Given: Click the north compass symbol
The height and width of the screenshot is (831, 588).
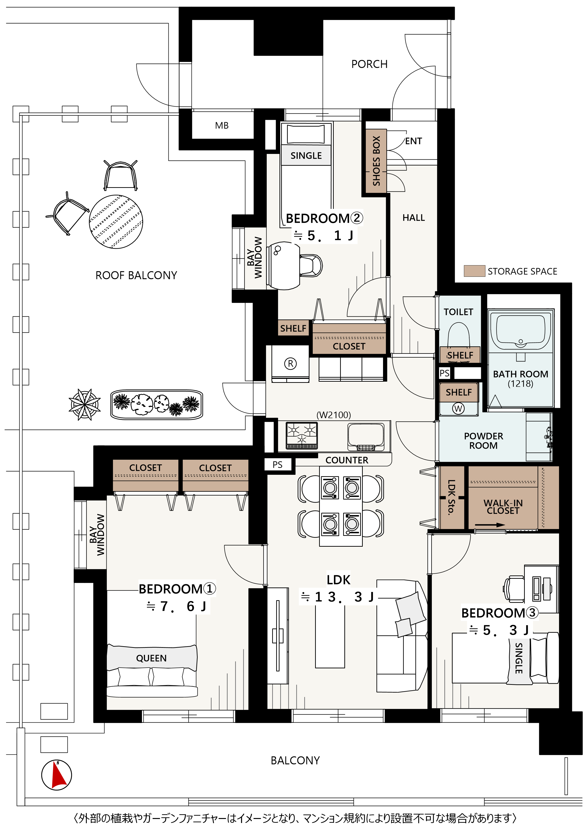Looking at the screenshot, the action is coord(56,775).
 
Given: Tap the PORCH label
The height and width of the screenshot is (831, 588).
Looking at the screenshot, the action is coord(369,64).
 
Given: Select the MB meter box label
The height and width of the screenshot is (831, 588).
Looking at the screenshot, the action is coord(222,126).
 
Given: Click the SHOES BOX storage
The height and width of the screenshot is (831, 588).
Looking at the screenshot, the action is coord(376,161).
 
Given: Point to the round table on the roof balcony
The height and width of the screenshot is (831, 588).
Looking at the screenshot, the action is coord(116,222).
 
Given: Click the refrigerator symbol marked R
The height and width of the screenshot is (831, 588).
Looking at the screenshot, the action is coord(290,363).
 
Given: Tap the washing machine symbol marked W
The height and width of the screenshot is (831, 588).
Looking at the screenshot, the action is coord(458,409).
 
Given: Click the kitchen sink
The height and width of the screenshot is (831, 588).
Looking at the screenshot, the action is coord(366,437).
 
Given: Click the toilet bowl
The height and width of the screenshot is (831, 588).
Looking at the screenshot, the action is coord(459,335).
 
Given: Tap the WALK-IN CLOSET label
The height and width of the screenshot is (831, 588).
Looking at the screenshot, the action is coord(503,507).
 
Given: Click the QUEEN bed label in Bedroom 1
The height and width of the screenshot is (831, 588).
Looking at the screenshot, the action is coord(151,658).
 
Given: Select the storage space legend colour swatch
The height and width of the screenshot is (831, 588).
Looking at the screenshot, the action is coord(474,271).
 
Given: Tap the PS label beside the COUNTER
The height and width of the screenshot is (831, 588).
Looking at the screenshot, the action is coord(278,465).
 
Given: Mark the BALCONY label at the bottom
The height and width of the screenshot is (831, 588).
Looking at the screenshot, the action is coord(296,761).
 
